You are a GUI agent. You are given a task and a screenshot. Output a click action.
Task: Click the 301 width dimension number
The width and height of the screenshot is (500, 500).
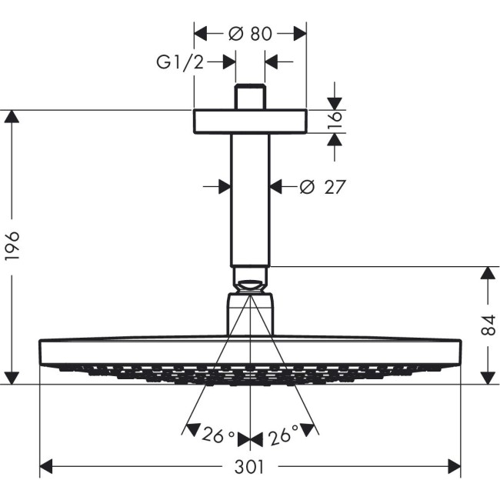click(x=249, y=467)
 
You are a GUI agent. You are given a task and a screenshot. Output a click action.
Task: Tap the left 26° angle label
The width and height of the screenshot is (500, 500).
click(x=219, y=437)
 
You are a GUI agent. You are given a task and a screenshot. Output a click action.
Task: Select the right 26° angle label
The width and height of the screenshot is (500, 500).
click(x=282, y=437)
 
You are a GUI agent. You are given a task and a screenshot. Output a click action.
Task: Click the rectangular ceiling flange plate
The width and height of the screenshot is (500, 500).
click(x=250, y=122)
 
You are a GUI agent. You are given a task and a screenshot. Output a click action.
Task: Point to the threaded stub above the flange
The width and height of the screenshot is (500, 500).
click(x=250, y=97)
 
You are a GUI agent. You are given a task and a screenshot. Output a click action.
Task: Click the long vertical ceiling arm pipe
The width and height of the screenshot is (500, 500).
click(x=250, y=200)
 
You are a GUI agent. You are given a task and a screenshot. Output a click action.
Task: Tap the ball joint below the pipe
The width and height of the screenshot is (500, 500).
click(x=250, y=279)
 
